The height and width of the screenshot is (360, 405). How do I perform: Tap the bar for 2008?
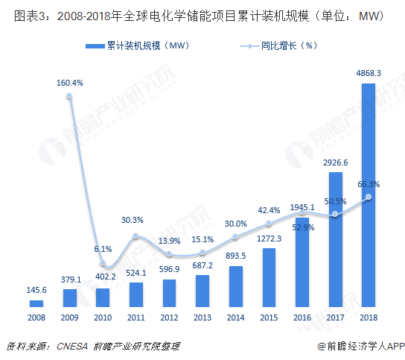(36, 303)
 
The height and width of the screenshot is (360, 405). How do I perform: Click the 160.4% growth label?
(70, 83)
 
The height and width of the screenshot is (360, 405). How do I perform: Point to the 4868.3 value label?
(369, 73)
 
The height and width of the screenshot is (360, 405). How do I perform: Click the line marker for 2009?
(70, 96)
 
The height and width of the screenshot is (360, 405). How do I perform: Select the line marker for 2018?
(369, 198)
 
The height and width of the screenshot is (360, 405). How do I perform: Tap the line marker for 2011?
(136, 236)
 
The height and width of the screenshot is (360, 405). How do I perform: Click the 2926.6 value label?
(335, 162)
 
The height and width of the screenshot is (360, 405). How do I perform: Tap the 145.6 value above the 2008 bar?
(36, 289)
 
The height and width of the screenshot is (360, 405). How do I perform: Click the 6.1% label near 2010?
(103, 249)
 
